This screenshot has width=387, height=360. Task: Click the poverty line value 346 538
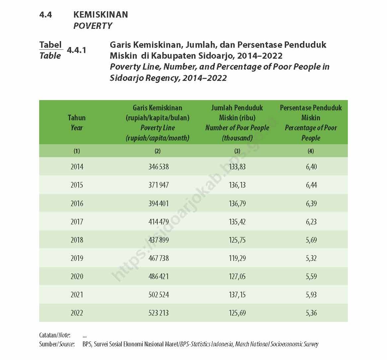coord(158,167)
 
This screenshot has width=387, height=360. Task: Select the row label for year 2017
coord(77,222)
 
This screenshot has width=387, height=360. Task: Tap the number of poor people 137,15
coord(237,295)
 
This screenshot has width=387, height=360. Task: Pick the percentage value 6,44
coord(311,185)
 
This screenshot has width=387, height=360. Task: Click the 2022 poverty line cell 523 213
coord(158,313)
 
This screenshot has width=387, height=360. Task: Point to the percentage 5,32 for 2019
coord(311,258)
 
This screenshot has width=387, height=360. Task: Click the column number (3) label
coord(237,151)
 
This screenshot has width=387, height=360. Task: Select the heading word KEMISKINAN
coord(101,15)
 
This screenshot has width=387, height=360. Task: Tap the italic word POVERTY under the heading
coord(93,26)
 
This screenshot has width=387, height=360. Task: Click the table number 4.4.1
coord(76,50)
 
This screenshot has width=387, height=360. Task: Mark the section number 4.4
coord(45,15)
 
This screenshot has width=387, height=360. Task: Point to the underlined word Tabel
coord(50,45)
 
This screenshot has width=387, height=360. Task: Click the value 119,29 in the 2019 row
coord(237,258)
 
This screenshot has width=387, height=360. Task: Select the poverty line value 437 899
coord(158,240)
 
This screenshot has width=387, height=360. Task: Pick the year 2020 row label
coord(77,276)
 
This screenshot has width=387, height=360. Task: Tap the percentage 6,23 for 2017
coord(311,222)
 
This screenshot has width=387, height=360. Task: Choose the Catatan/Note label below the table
coord(54,335)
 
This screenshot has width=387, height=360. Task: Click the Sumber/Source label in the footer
coord(56,344)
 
